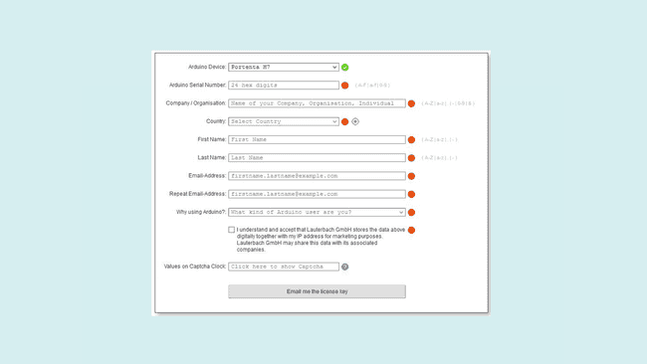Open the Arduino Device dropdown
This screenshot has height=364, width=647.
pyautogui.click(x=284, y=68)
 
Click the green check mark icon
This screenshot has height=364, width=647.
pyautogui.click(x=345, y=68)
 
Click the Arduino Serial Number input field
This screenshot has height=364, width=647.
pyautogui.click(x=284, y=86)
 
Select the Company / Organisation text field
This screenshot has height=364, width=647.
pyautogui.click(x=317, y=103)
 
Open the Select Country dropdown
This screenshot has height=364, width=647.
pyautogui.click(x=284, y=121)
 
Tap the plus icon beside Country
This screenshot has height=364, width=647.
pyautogui.click(x=355, y=121)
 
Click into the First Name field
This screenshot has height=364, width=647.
pyautogui.click(x=317, y=139)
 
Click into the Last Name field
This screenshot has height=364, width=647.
pyautogui.click(x=317, y=157)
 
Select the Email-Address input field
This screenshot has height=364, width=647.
pyautogui.click(x=317, y=176)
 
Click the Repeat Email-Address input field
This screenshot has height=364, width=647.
pyautogui.click(x=317, y=194)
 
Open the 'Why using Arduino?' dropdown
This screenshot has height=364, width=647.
pyautogui.click(x=317, y=212)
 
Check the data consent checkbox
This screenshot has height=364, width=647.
pyautogui.click(x=232, y=230)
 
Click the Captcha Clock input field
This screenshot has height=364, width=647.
pyautogui.click(x=284, y=267)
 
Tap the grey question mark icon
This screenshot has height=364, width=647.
pyautogui.click(x=345, y=267)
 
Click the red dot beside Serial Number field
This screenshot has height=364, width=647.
pyautogui.click(x=345, y=86)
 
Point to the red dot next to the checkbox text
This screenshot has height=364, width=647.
pyautogui.click(x=411, y=230)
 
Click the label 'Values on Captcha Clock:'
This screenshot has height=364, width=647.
pyautogui.click(x=195, y=267)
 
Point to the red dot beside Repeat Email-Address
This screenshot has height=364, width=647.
pyautogui.click(x=411, y=194)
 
